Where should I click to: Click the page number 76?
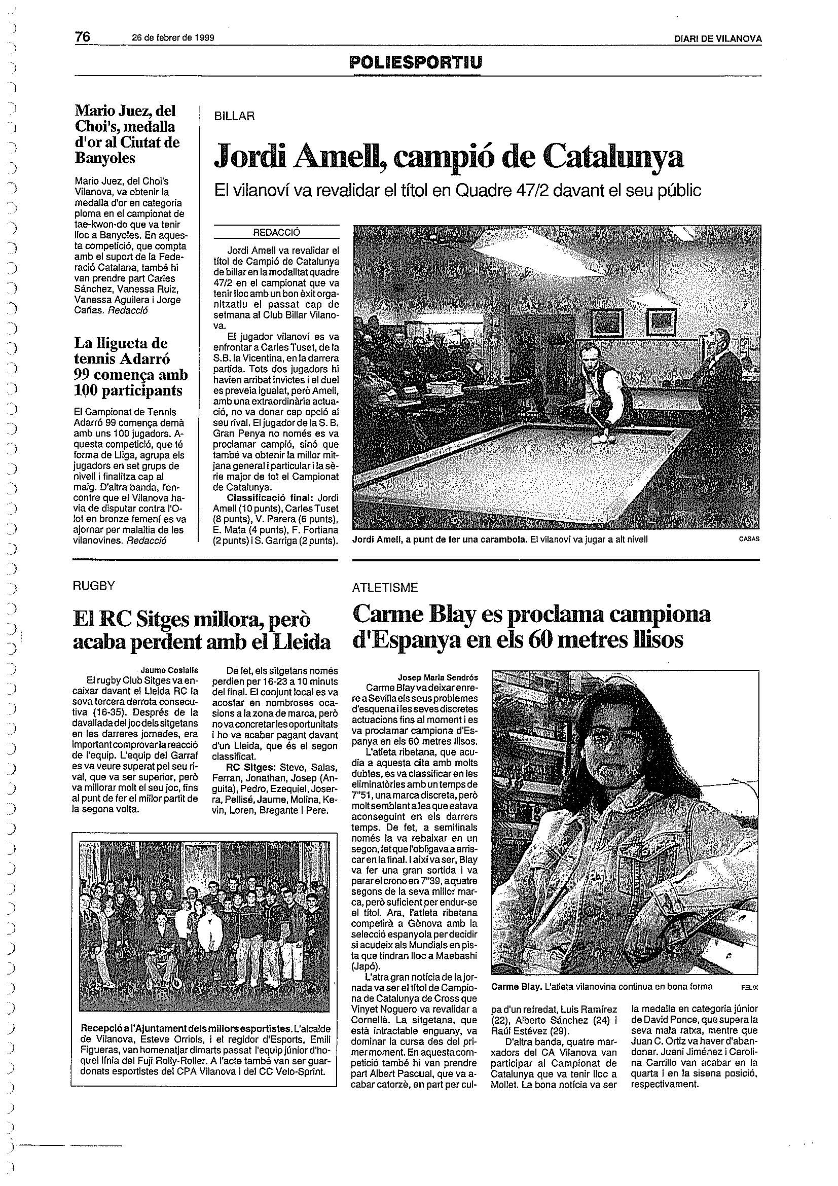click(x=83, y=37)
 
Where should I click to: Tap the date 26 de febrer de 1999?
click(x=173, y=38)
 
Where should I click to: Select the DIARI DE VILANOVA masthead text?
click(x=717, y=39)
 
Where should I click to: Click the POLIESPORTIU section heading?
click(x=416, y=62)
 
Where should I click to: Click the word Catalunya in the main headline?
click(x=614, y=156)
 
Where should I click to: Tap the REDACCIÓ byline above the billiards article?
click(x=276, y=232)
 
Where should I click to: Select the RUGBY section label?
click(x=93, y=586)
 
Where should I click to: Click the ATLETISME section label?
click(x=385, y=587)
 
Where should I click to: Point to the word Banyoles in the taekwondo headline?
click(x=105, y=158)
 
